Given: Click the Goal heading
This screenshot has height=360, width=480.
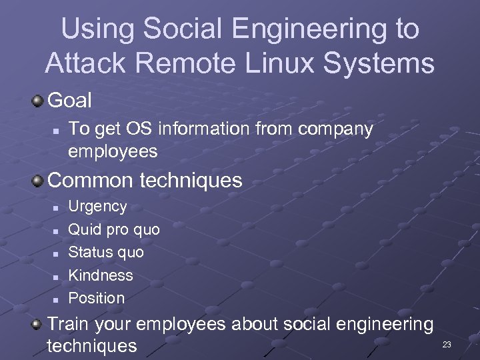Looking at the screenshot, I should click(x=70, y=101).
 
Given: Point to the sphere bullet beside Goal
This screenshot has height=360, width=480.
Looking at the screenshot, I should click(x=39, y=101).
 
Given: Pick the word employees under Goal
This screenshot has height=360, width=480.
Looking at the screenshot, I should click(x=113, y=152).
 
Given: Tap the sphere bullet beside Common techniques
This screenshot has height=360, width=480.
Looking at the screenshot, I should click(x=39, y=181).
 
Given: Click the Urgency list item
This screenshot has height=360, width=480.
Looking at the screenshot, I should click(x=97, y=207).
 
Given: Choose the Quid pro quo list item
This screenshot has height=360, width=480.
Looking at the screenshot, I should click(x=114, y=230).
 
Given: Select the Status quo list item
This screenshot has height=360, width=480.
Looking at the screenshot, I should click(x=106, y=253).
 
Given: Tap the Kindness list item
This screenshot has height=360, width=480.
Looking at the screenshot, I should click(x=101, y=275).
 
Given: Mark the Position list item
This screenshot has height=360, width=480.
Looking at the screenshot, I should click(x=97, y=298).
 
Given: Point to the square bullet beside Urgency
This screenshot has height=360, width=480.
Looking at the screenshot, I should click(x=56, y=207).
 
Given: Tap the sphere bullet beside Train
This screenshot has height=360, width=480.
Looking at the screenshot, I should click(x=39, y=325).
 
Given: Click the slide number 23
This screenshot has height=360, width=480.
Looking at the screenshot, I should click(x=447, y=345).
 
